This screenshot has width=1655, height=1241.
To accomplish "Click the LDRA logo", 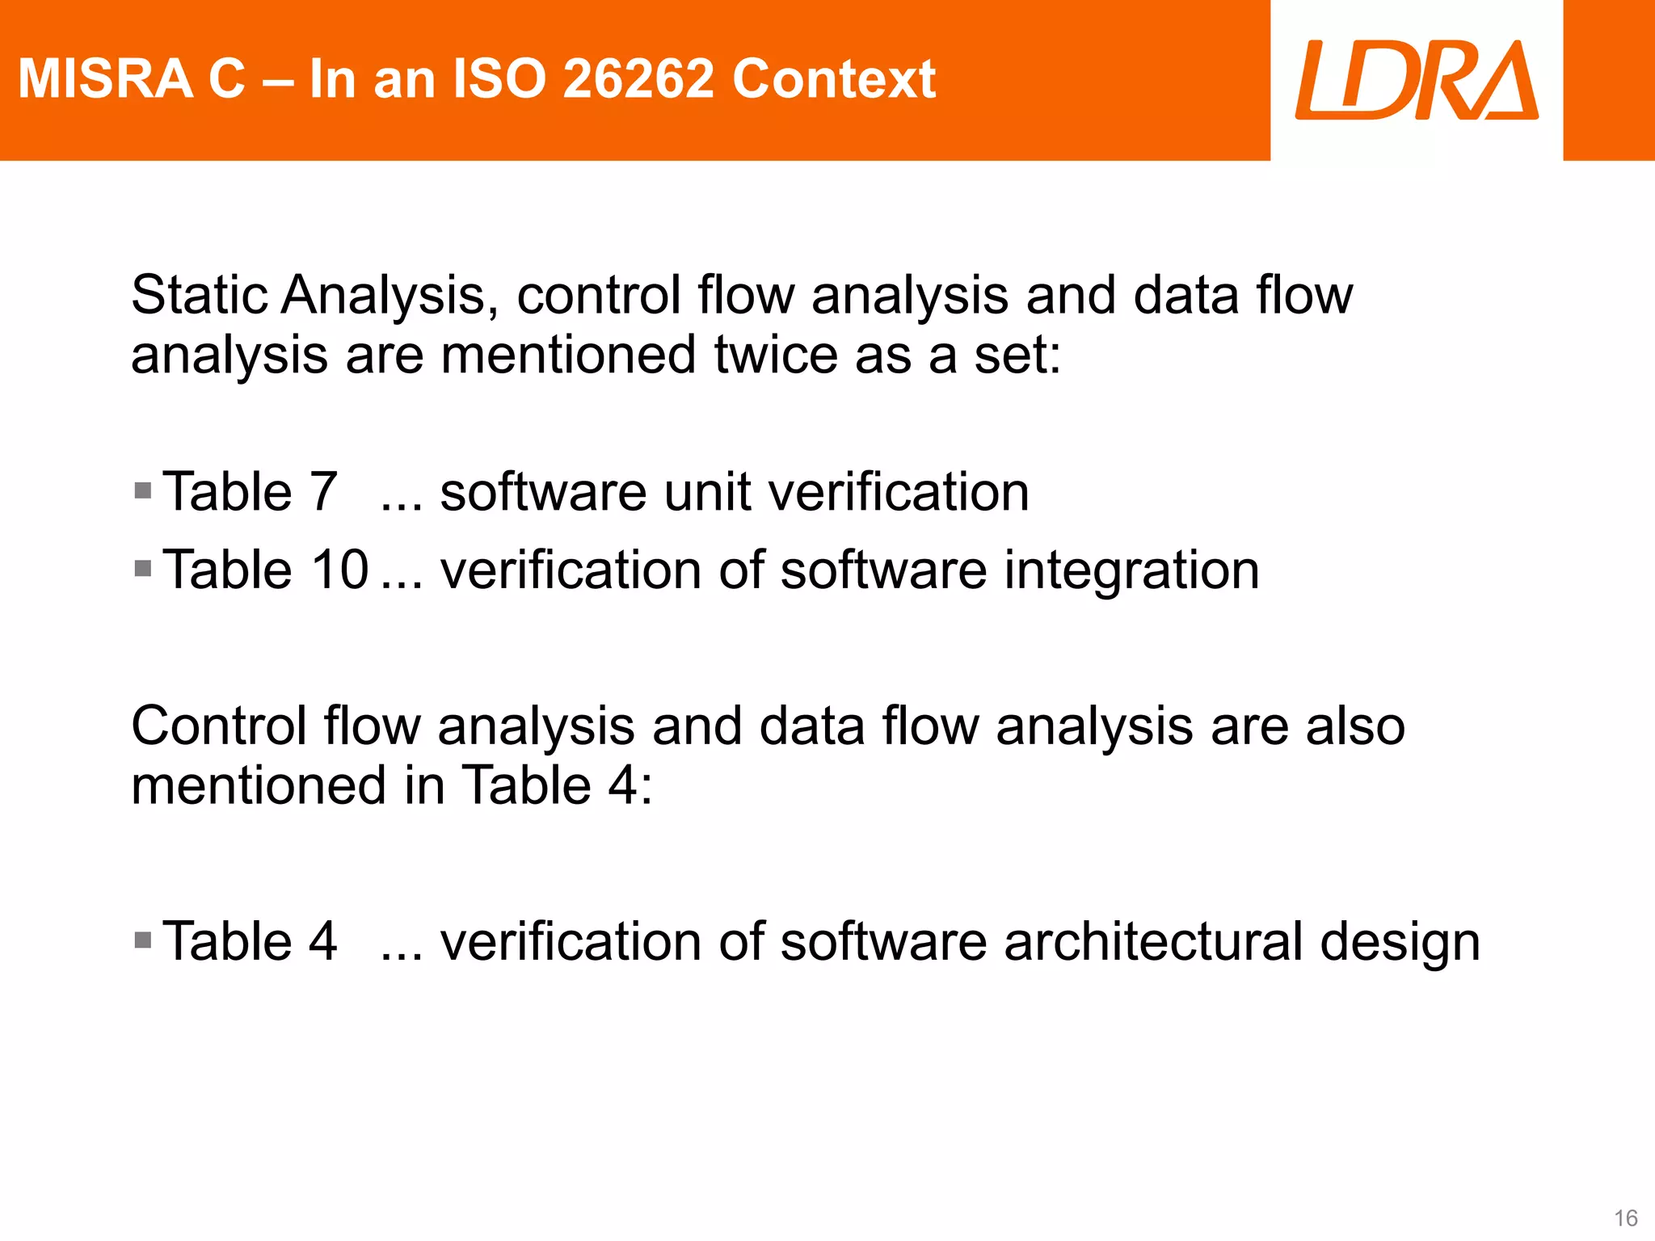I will [1417, 80].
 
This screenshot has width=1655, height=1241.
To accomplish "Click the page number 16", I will [1625, 1218].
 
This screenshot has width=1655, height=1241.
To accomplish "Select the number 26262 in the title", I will [638, 79].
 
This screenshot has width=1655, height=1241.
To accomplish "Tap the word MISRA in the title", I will [105, 79].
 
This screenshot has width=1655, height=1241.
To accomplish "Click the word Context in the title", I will [834, 79].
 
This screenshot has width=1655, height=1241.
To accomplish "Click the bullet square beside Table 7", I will [143, 491].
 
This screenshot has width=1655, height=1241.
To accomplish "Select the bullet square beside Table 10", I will [143, 569].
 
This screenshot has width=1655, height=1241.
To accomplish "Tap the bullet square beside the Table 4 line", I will [143, 940].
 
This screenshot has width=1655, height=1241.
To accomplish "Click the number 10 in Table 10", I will [340, 570].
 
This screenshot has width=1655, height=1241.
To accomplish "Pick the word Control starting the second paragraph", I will [219, 726].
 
